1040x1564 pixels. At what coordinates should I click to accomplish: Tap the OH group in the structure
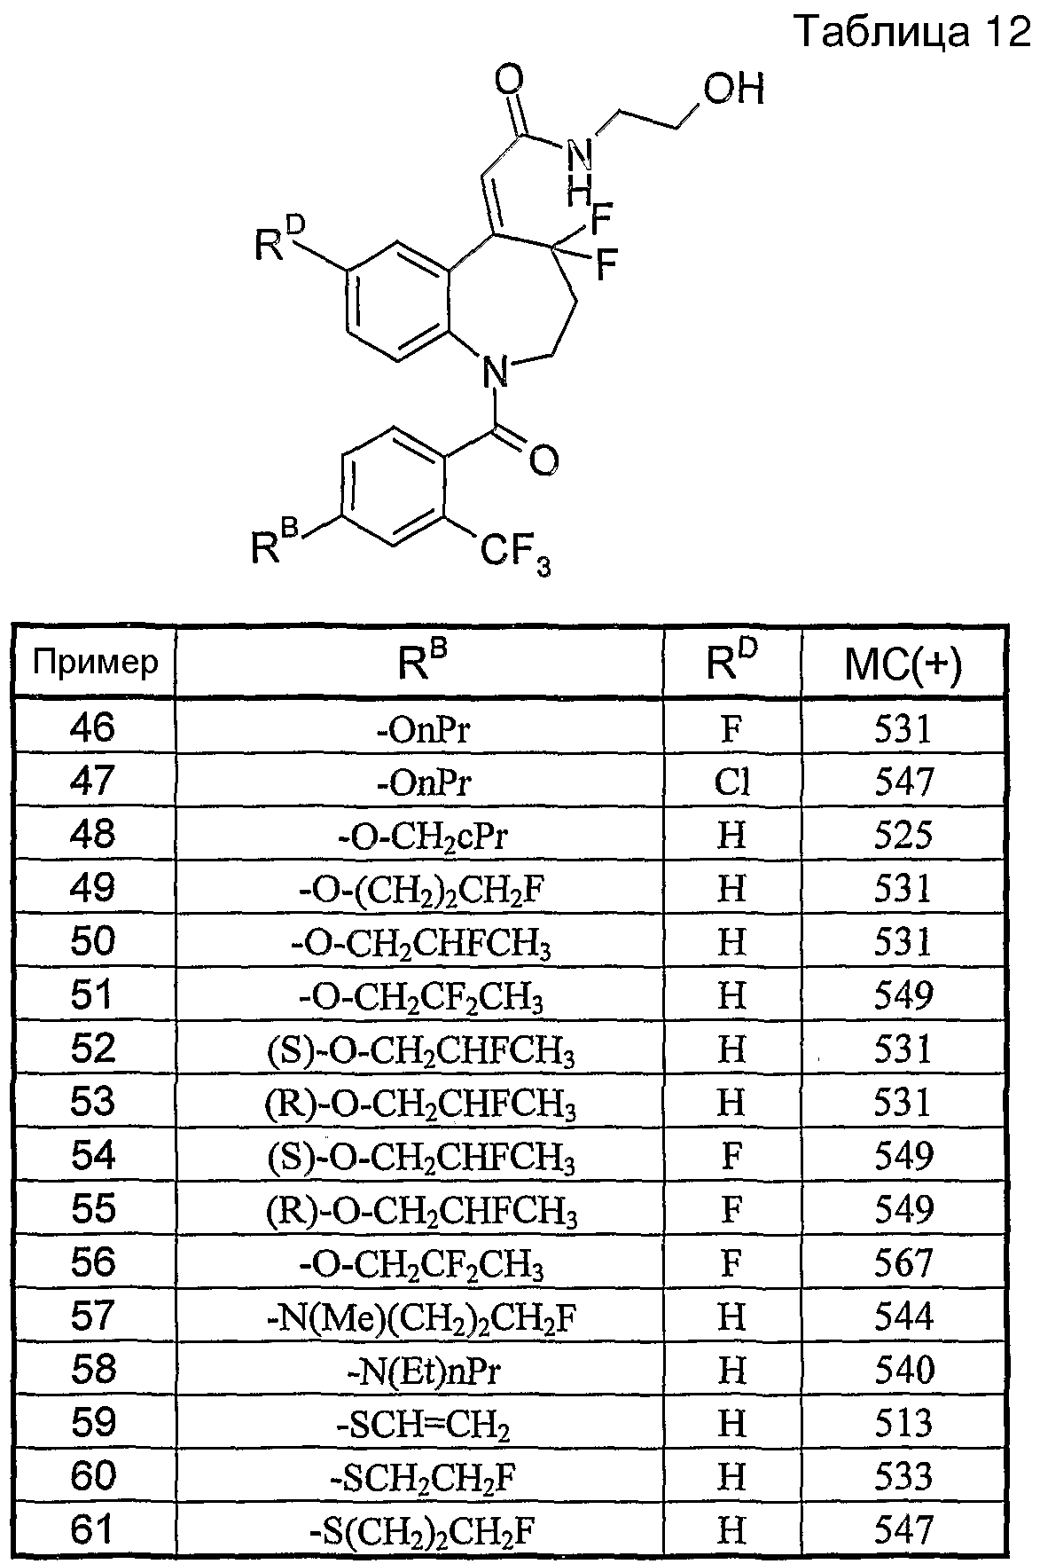click(x=733, y=90)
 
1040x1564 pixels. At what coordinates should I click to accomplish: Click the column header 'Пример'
click(x=95, y=661)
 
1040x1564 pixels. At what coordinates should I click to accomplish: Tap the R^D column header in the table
click(x=732, y=662)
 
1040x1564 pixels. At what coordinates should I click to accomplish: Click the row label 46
click(x=93, y=727)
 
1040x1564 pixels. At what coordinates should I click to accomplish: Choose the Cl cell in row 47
click(x=732, y=781)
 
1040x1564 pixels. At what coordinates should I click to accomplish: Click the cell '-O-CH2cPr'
click(x=419, y=836)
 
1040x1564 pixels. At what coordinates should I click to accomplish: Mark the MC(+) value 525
click(x=903, y=835)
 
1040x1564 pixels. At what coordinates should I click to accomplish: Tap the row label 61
click(x=93, y=1530)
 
